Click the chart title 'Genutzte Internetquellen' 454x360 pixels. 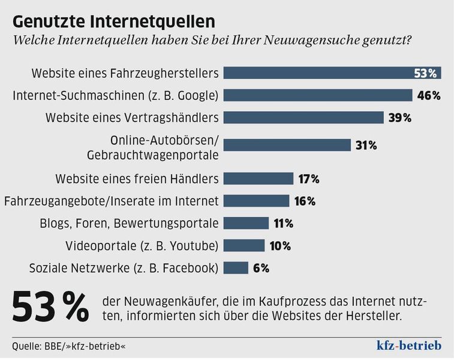click(114, 21)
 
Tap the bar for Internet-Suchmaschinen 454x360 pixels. click(318, 95)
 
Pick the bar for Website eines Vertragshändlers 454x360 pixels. click(303, 118)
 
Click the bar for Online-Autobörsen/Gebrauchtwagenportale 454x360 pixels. click(287, 145)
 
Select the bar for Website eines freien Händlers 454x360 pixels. click(258, 179)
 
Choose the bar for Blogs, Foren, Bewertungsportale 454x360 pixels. click(246, 223)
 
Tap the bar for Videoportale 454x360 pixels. click(244, 245)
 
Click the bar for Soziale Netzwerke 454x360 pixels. click(236, 268)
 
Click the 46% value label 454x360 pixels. click(429, 95)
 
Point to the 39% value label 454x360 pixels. click(400, 118)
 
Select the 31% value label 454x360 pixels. click(365, 145)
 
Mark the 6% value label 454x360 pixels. click(261, 268)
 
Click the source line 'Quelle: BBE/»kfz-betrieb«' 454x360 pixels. click(69, 346)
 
